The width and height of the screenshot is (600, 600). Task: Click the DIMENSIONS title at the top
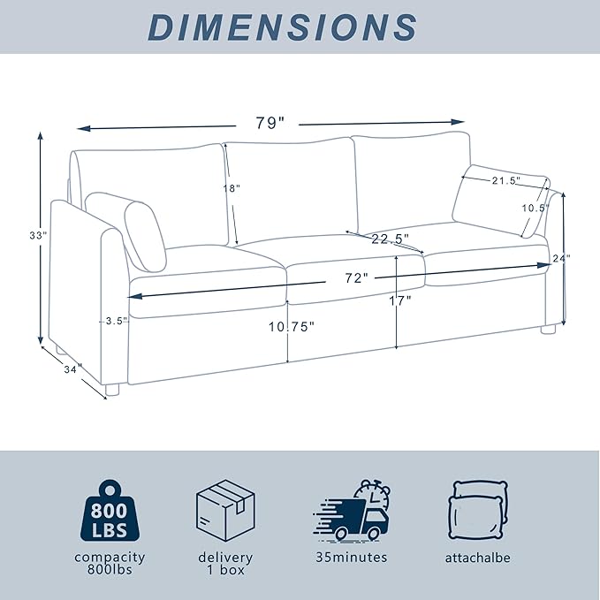coord(282,27)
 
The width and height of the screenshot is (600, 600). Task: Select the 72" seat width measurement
coord(356,277)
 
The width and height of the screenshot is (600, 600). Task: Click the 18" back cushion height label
coord(231,188)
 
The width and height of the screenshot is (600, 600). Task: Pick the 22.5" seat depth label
coord(388,239)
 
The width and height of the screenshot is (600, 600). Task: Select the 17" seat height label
coord(399,301)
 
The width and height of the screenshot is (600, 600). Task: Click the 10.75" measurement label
coord(292,325)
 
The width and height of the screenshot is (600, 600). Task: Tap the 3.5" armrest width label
coord(114,321)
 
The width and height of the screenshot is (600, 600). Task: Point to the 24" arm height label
coord(562,259)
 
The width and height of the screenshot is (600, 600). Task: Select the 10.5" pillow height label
coord(535,208)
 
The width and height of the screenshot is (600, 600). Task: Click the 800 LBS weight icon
coord(109,513)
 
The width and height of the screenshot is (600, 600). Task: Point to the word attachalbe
coord(478,558)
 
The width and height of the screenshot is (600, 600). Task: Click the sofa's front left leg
coord(111,390)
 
